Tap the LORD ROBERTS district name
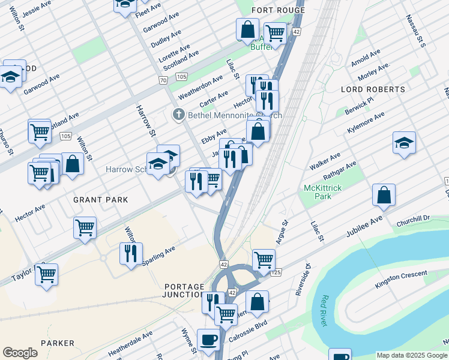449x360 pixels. (373, 89)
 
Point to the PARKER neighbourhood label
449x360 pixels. (58, 344)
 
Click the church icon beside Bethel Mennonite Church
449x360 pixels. (178, 115)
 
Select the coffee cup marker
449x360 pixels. (208, 339)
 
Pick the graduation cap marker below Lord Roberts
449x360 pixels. (404, 143)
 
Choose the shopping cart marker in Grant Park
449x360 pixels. (85, 227)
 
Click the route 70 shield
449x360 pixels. (163, 80)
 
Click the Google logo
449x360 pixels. (20, 353)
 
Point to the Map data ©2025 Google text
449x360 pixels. (411, 355)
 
